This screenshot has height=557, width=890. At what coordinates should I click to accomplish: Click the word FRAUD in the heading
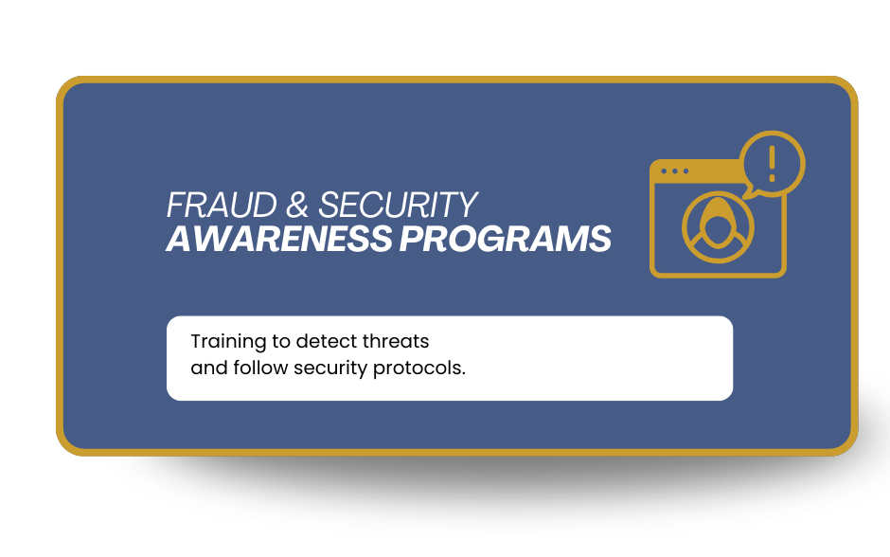(x=222, y=205)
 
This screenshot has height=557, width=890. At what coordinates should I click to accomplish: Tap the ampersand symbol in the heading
(x=297, y=205)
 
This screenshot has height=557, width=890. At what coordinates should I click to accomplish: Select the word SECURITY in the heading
(x=398, y=205)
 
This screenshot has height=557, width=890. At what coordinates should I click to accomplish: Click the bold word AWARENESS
(x=279, y=239)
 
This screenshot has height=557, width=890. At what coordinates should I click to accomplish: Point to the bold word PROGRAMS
(x=506, y=239)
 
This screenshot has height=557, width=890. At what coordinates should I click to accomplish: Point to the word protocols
(x=418, y=369)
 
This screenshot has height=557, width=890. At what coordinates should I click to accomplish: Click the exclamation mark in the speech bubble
(x=772, y=164)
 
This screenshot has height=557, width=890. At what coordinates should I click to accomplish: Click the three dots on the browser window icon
(x=675, y=171)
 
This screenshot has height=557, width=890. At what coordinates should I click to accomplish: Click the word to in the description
(x=281, y=342)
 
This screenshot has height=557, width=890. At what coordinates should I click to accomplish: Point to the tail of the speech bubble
(x=749, y=192)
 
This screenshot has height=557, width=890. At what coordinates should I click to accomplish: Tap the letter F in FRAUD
(x=175, y=205)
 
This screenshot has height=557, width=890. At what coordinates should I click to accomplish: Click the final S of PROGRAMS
(x=599, y=239)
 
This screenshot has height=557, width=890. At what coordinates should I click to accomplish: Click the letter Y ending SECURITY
(x=468, y=205)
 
